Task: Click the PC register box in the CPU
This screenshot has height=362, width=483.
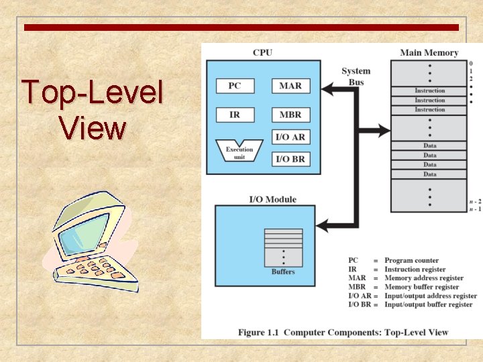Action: (234, 86)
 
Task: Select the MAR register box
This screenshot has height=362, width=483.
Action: (290, 86)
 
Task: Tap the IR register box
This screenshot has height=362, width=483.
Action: (234, 115)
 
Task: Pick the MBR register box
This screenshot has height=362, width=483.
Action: (290, 115)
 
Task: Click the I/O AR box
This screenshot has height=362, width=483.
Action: (290, 137)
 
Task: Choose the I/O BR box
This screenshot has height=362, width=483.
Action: (290, 159)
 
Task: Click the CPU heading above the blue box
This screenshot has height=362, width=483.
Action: (262, 53)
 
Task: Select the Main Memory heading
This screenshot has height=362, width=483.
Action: (429, 53)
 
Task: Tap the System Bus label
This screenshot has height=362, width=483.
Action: (356, 76)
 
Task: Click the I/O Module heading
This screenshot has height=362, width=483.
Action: (272, 199)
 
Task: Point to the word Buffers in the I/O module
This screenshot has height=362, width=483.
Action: (283, 271)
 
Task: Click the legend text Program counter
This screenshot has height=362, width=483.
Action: (411, 261)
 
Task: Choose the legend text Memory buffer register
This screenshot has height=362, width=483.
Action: (421, 287)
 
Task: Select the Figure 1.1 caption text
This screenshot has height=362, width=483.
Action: (343, 332)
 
